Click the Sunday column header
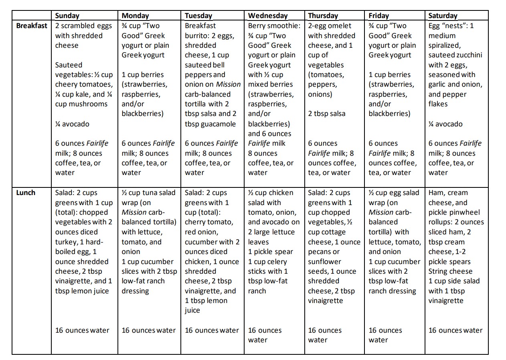67,16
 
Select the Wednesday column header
268,16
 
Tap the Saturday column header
443,16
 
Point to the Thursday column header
323,16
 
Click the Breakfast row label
32,26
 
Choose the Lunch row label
26,193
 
